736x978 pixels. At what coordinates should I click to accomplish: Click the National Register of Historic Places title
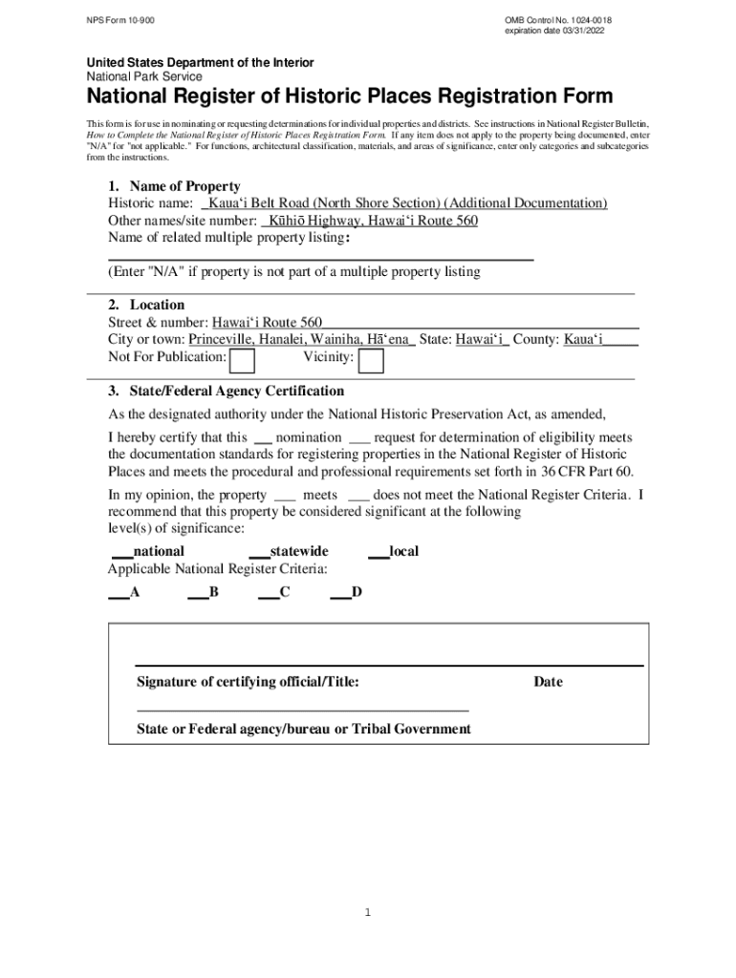(x=350, y=96)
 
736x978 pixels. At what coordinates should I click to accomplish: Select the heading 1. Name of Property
(x=173, y=186)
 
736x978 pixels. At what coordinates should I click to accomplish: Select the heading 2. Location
(x=146, y=305)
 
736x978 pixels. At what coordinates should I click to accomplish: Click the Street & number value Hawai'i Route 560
(x=267, y=323)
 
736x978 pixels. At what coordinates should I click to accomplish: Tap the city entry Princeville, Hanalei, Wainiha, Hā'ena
(x=301, y=340)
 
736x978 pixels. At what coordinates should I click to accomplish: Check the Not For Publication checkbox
(x=244, y=360)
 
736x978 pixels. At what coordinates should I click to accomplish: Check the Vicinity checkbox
(x=371, y=360)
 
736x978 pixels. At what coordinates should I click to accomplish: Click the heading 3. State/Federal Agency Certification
(x=226, y=392)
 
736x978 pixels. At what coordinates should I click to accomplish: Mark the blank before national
(x=122, y=552)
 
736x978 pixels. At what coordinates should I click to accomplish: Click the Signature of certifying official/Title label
(x=248, y=682)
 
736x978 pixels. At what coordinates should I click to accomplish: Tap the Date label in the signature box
(x=548, y=682)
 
